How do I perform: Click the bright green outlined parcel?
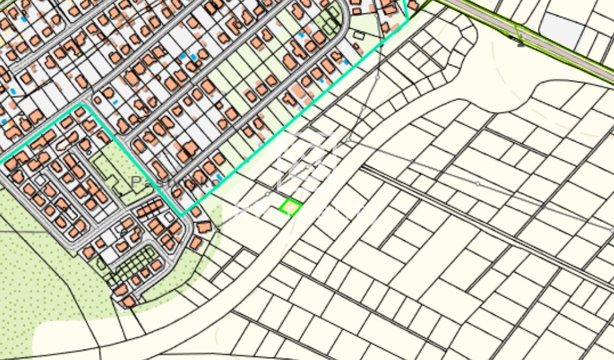click(x=291, y=207)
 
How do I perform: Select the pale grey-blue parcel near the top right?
click(x=562, y=28)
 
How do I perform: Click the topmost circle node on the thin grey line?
click(x=377, y=77)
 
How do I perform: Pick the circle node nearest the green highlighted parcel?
click(x=267, y=194)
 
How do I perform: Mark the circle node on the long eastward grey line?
click(x=477, y=184)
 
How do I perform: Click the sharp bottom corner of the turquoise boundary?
click(x=181, y=214)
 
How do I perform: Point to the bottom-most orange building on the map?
click(x=128, y=301)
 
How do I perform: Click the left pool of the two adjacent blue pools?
click(x=184, y=56)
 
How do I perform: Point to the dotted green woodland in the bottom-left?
click(x=43, y=275)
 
